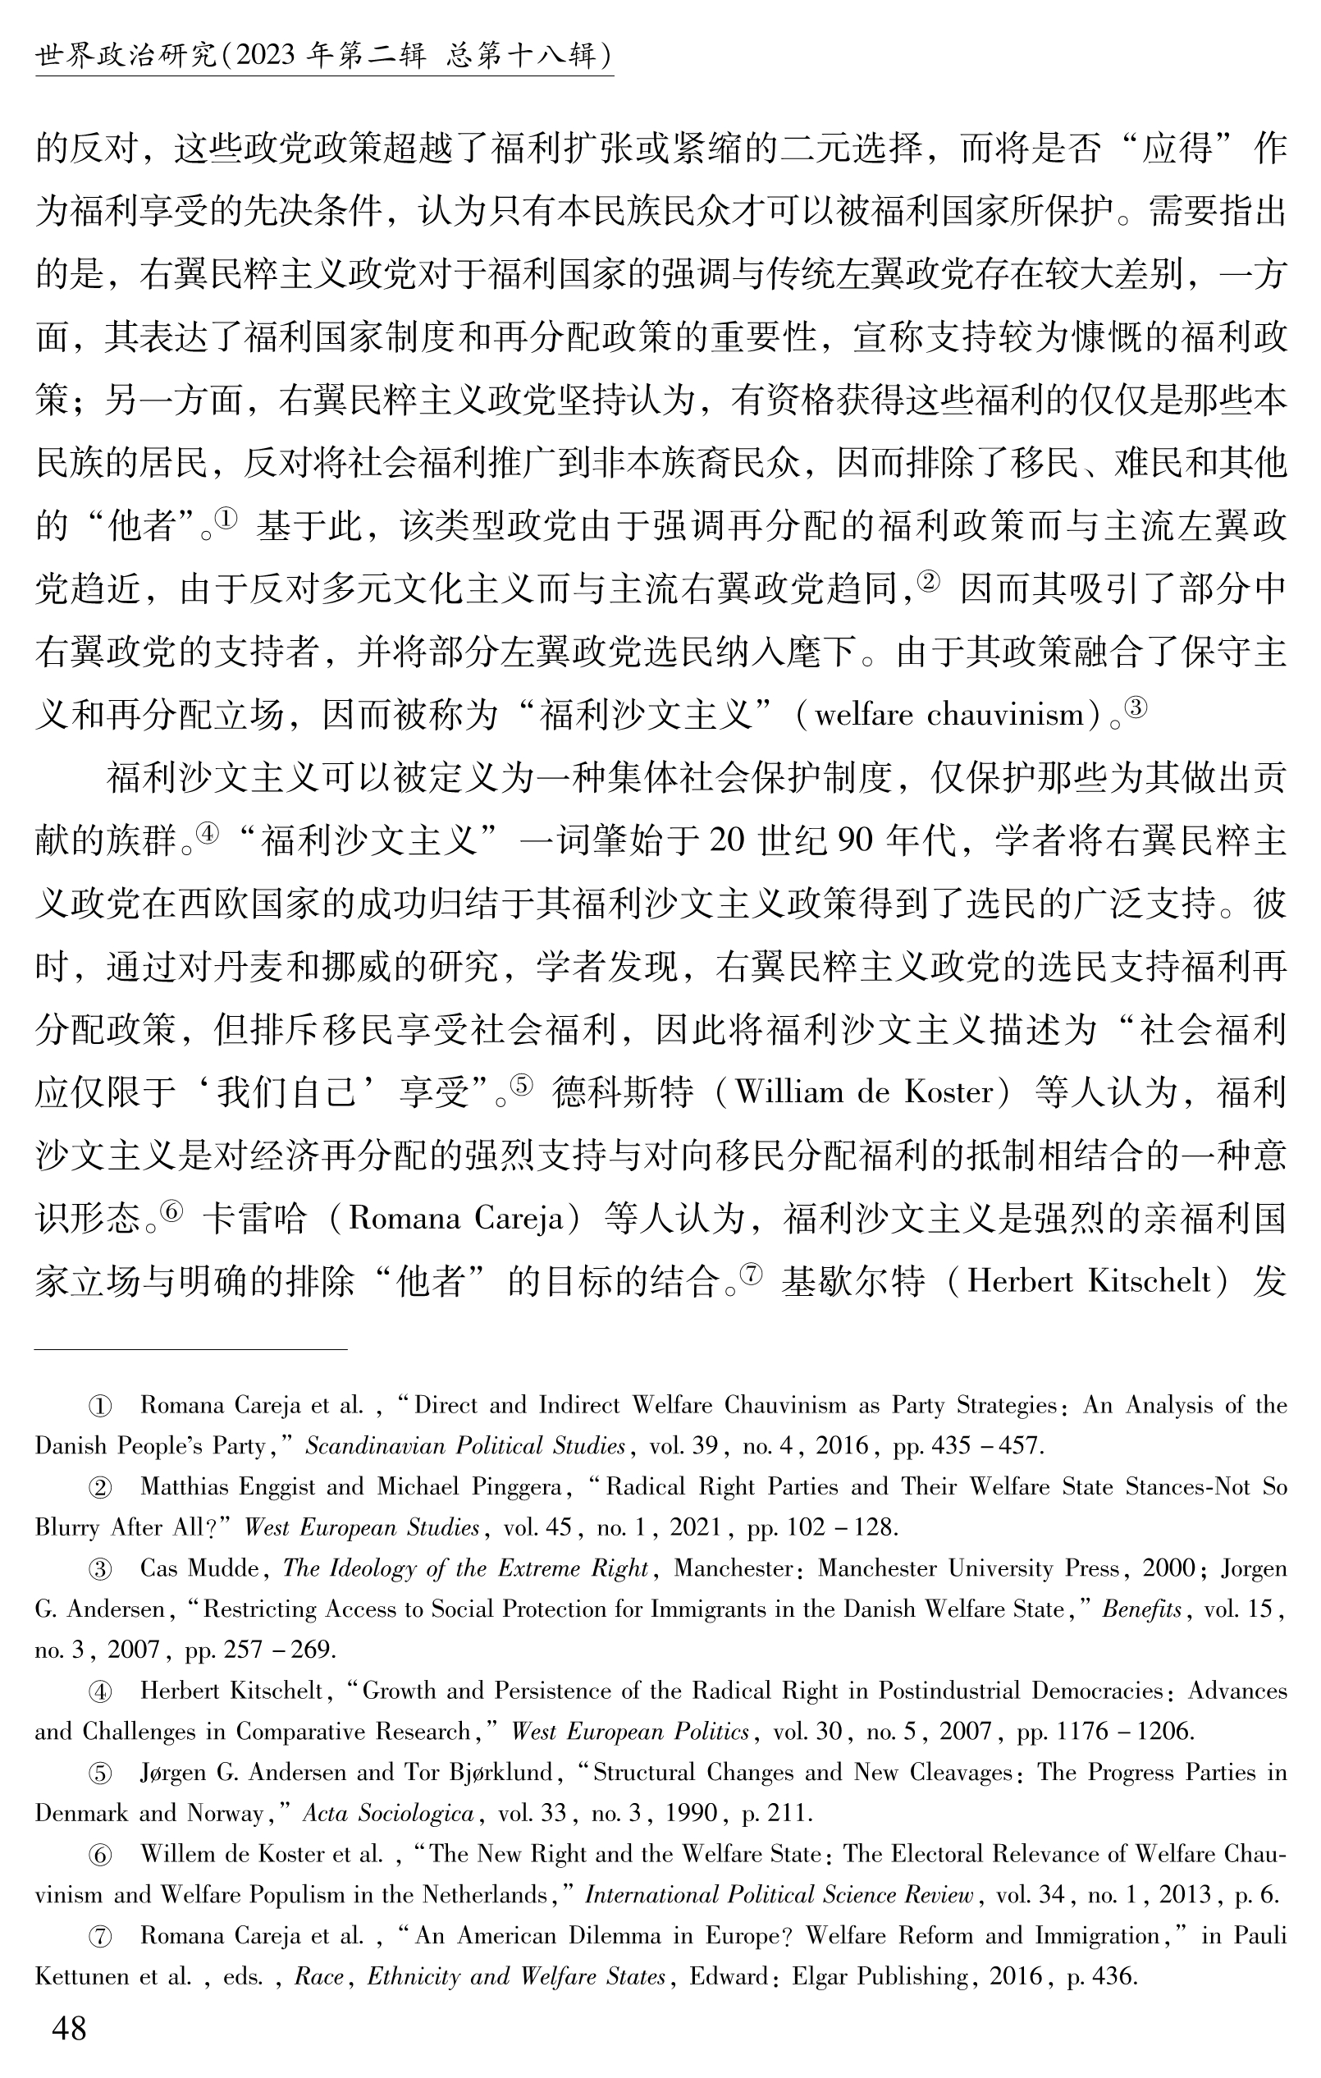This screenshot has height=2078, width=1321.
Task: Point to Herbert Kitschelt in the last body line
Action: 1089,1281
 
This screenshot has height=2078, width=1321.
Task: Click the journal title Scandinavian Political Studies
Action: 465,1445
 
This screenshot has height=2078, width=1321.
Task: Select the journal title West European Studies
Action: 362,1527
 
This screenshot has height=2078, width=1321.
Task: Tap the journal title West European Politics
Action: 630,1732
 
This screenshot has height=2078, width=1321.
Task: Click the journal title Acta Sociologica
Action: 388,1813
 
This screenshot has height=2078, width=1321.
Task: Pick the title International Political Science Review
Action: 779,1895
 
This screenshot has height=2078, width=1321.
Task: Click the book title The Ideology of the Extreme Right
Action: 465,1568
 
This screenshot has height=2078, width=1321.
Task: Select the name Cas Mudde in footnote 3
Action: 199,1568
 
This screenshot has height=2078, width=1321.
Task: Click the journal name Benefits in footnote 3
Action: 1141,1609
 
